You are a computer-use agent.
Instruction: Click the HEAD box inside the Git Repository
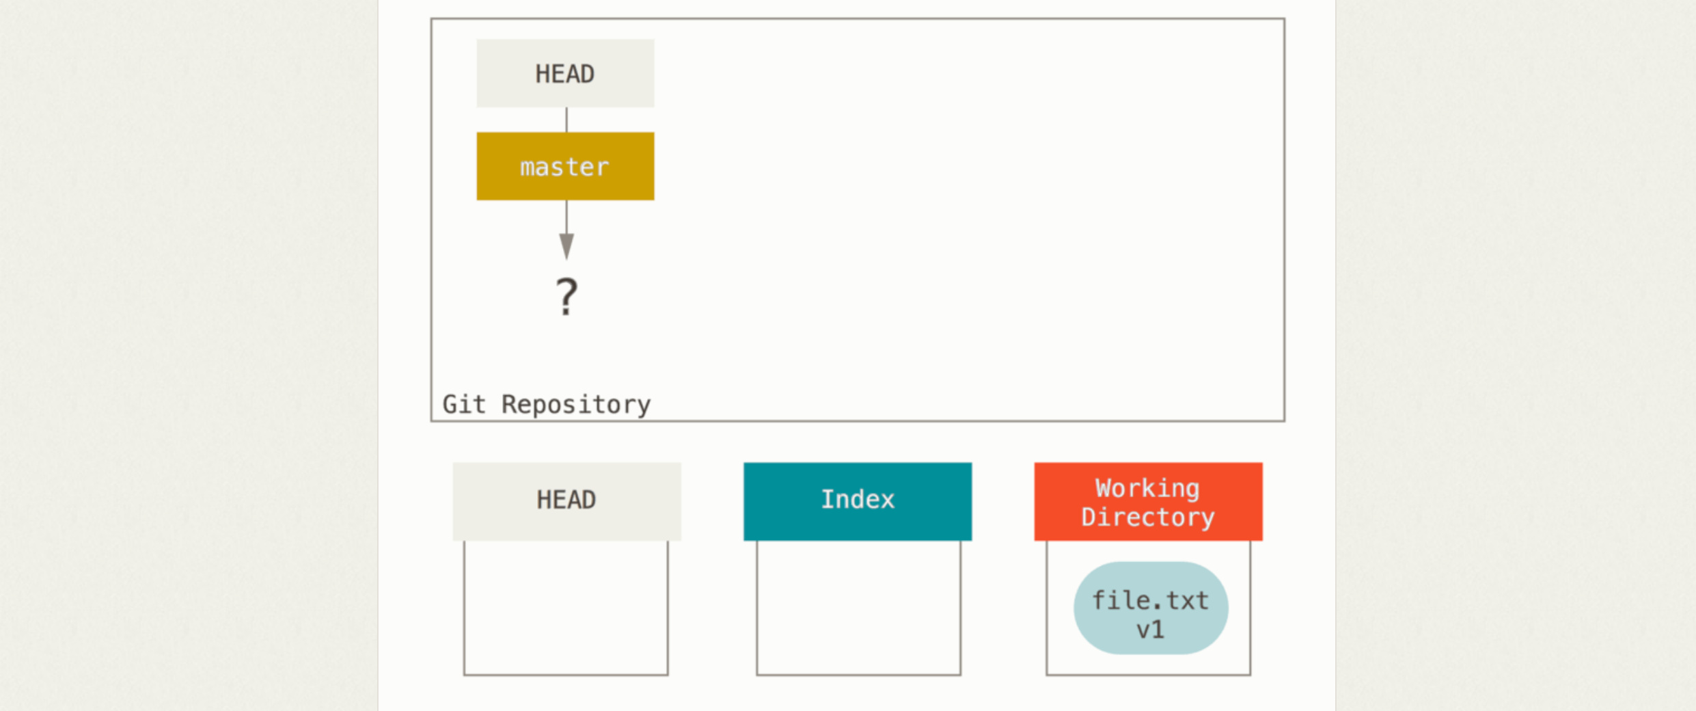tap(565, 73)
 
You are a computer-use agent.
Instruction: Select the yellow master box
tap(565, 166)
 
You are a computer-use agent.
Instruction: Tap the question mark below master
tap(566, 297)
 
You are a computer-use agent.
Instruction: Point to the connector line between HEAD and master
tap(566, 120)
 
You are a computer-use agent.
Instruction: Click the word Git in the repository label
tap(464, 404)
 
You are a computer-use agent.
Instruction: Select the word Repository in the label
tap(576, 405)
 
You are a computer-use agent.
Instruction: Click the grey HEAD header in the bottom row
tap(566, 501)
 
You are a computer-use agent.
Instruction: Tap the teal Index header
tap(858, 501)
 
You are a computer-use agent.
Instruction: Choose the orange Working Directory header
tap(1148, 501)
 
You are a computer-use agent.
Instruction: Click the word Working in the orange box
tap(1147, 488)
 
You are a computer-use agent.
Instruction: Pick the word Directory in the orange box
tap(1148, 517)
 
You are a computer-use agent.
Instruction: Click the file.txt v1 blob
tap(1151, 608)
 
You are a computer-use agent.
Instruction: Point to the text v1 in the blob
tap(1151, 630)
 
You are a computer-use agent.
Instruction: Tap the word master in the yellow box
tap(564, 167)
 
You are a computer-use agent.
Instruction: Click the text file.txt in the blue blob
tap(1151, 600)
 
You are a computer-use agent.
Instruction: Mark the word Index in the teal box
tap(858, 500)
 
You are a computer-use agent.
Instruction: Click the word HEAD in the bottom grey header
tap(566, 500)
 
